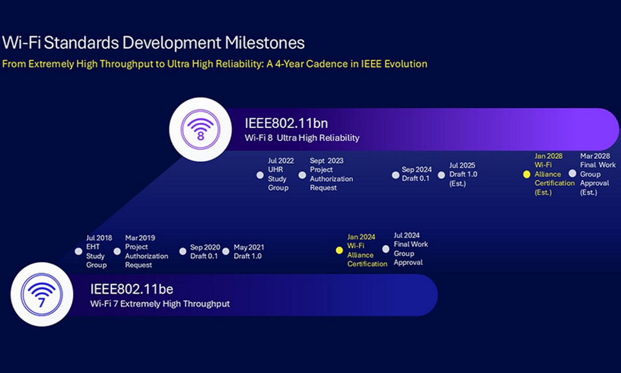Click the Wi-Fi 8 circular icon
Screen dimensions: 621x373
(x=200, y=129)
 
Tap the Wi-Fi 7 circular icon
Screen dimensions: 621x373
(x=42, y=294)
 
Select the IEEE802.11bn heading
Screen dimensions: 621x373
(x=286, y=123)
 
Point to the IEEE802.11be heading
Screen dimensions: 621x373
(x=132, y=289)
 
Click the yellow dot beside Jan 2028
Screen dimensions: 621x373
(x=527, y=174)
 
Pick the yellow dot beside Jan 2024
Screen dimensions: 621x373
(x=339, y=250)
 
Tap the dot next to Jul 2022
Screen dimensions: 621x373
(x=260, y=175)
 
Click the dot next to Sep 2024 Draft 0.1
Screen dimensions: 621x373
(x=396, y=175)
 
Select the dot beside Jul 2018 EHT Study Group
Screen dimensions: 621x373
(x=79, y=251)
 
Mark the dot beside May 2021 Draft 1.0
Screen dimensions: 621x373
(x=226, y=251)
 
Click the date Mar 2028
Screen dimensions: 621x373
(x=595, y=156)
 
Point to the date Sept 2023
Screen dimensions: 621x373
(x=326, y=161)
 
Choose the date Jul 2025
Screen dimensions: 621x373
(x=462, y=165)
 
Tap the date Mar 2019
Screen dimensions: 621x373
(x=140, y=238)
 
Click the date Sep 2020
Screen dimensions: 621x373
(x=205, y=247)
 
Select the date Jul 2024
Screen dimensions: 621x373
(x=407, y=235)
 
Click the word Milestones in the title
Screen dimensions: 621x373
(x=264, y=43)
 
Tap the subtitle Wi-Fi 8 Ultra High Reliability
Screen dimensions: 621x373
(x=302, y=138)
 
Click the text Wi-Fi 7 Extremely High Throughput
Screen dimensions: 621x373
(x=160, y=304)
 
